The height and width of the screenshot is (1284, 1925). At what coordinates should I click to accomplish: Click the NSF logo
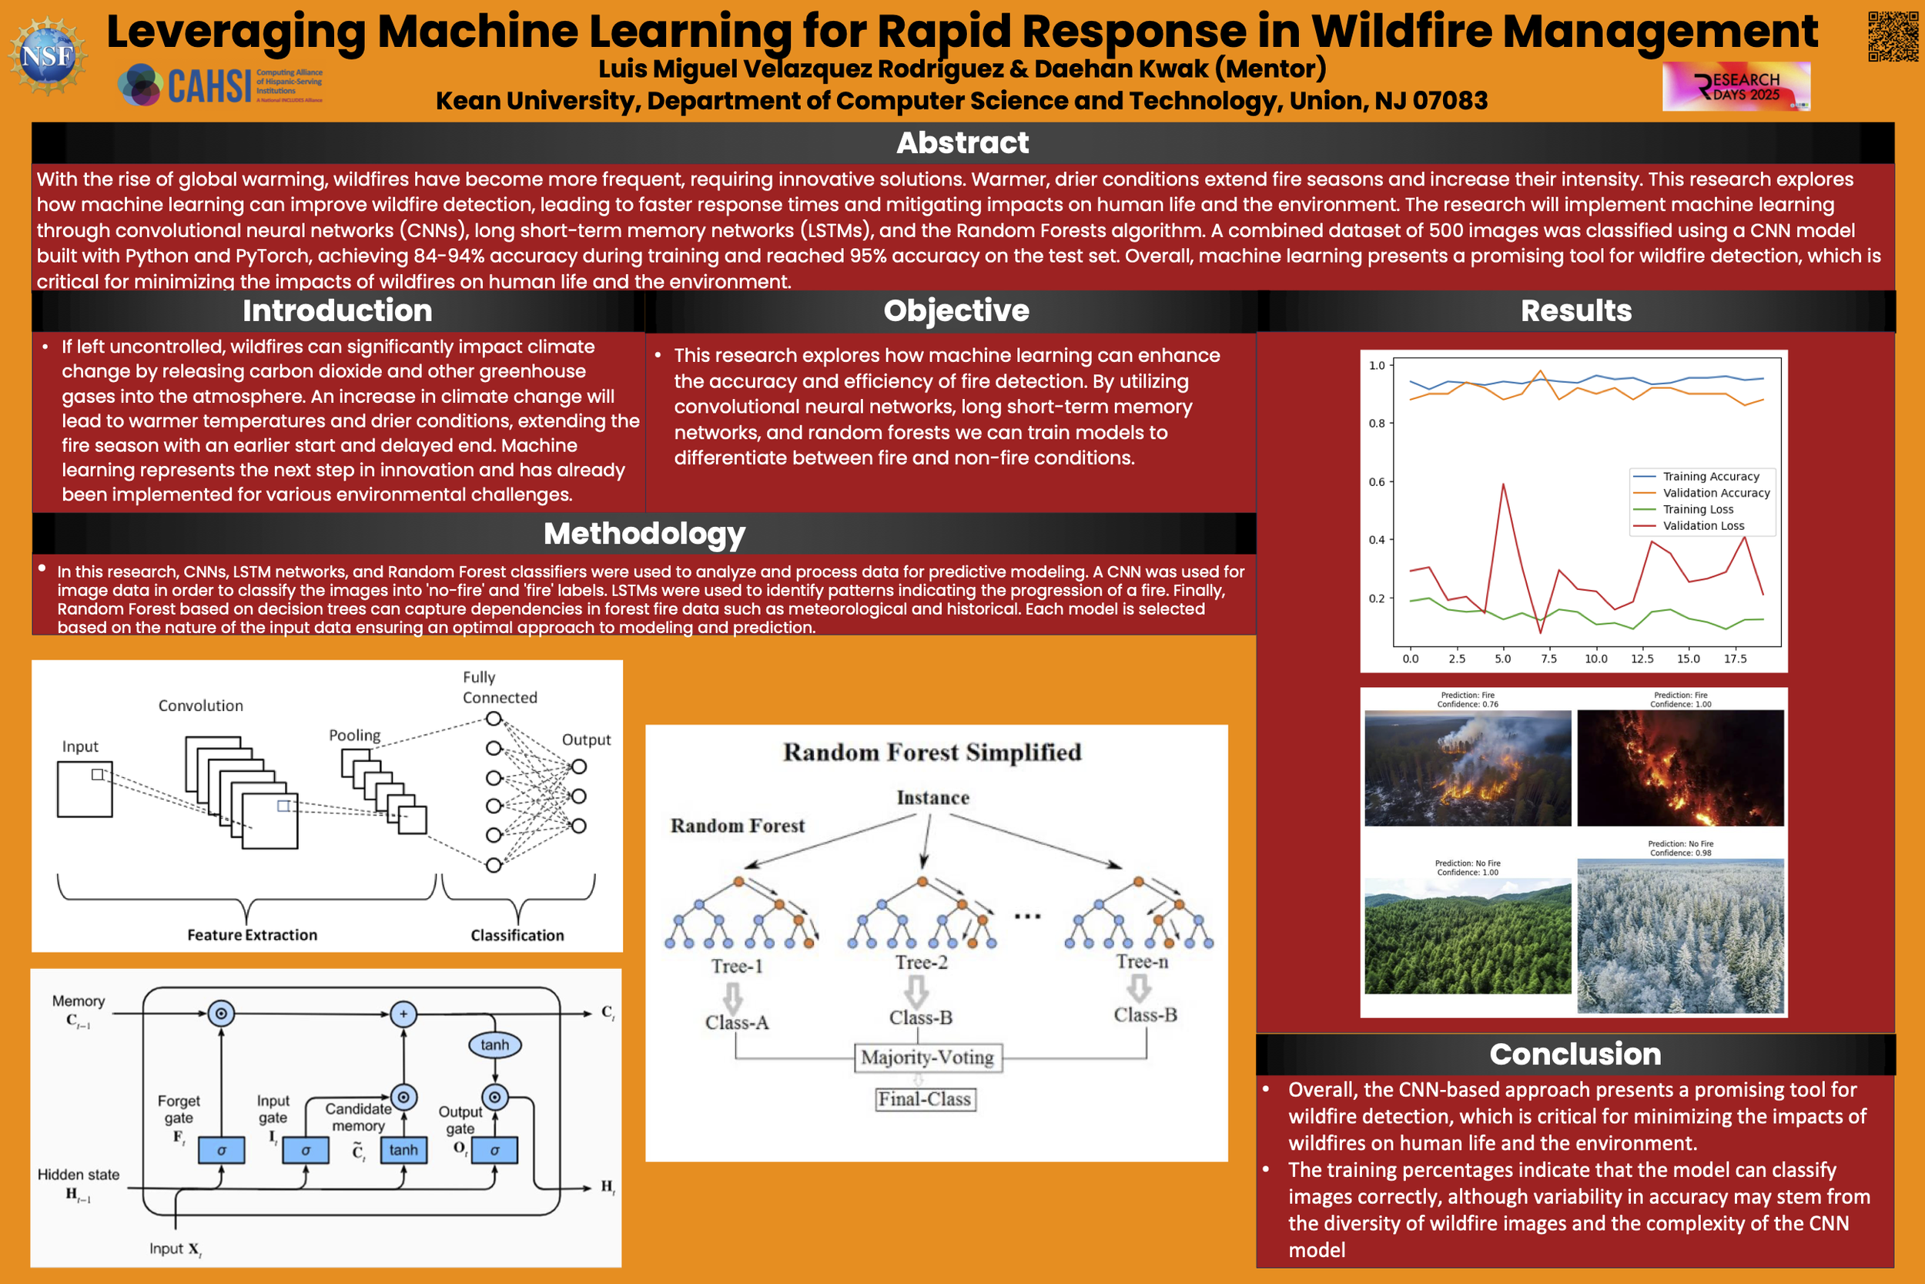coord(48,55)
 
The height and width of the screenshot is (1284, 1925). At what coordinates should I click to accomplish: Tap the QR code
coord(1892,36)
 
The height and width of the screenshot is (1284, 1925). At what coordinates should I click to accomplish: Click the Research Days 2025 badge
coord(1736,87)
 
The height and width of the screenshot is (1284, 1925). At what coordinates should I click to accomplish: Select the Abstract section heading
coord(962,143)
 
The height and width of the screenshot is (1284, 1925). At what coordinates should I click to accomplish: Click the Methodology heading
coord(644,534)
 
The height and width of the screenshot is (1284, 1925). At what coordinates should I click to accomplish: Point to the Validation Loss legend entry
coord(1703,526)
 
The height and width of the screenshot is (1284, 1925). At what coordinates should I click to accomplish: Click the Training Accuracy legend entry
coord(1711,477)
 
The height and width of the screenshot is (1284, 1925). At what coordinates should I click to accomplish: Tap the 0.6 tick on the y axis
coord(1377,481)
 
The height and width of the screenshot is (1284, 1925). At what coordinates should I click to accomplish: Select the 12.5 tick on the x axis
coord(1642,659)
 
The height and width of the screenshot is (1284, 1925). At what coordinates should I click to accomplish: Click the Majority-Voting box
coord(927,1058)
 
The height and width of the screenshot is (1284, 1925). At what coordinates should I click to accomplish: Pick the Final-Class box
coord(925,1099)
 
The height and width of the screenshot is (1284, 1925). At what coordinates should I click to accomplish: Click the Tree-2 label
coord(921,962)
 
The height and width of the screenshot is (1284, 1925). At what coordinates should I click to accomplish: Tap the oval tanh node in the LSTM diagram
coord(494,1045)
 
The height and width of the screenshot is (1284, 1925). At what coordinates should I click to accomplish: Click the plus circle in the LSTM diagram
coord(403,1014)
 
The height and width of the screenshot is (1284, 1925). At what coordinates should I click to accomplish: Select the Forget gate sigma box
coord(221,1151)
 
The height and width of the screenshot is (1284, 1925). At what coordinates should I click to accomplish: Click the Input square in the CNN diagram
coord(84,789)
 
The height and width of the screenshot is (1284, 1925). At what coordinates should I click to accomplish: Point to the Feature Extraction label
coord(252,935)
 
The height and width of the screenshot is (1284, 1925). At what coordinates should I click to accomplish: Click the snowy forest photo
coord(1679,935)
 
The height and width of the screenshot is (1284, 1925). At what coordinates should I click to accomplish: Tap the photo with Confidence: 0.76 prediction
coord(1468,767)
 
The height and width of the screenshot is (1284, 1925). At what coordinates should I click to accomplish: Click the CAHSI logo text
coord(209,86)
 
